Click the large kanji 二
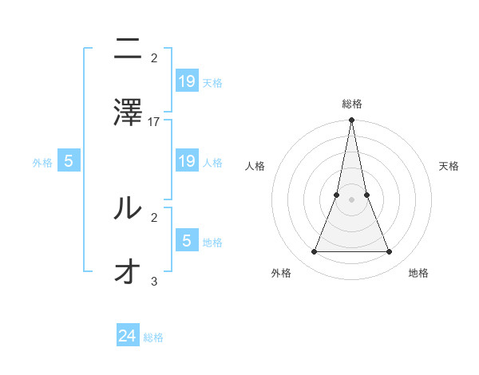point(129,51)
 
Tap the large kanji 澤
point(129,111)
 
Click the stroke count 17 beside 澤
point(154,122)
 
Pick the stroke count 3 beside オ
point(154,281)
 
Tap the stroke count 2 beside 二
point(154,58)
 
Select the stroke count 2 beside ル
point(154,216)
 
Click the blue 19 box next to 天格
point(187,81)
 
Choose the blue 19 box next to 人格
point(187,161)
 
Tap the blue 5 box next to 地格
point(187,240)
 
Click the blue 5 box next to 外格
point(69,161)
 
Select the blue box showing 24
point(128,336)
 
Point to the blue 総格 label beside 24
point(153,337)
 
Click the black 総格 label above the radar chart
point(352,104)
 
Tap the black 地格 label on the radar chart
point(418,273)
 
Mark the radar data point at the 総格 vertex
point(351,120)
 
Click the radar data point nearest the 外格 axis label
point(314,252)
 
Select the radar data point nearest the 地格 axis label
point(390,252)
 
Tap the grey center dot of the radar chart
point(351,199)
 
